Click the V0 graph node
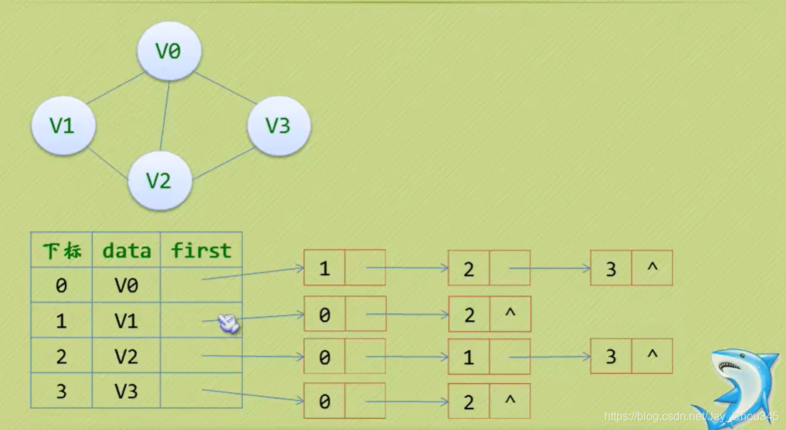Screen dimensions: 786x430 point(170,51)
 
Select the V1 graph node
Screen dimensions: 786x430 point(63,125)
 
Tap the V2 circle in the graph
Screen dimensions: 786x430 point(160,180)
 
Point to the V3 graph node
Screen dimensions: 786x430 point(279,126)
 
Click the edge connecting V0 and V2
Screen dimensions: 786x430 point(165,116)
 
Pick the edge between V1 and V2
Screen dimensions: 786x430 point(108,163)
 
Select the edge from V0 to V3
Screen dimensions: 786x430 point(226,88)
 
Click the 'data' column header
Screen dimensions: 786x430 point(126,250)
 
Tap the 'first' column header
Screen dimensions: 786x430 point(201,250)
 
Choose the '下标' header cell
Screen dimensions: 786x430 point(62,250)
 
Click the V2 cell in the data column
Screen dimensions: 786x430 point(126,356)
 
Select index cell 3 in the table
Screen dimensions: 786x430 point(62,391)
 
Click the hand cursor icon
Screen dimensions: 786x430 point(229,324)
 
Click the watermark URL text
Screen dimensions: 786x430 point(691,416)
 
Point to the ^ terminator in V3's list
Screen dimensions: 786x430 point(510,400)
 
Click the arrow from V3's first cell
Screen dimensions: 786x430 point(253,395)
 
